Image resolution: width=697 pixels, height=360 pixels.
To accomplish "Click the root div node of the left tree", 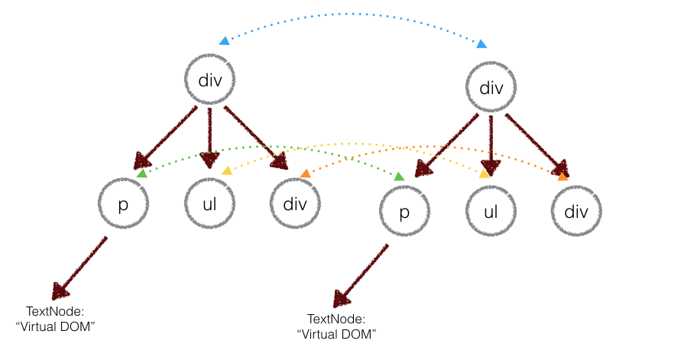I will [210, 80].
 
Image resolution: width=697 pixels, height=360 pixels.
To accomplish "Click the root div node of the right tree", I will [491, 88].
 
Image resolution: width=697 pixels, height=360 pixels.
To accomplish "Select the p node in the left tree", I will [123, 204].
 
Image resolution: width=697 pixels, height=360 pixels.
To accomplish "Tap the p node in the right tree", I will [404, 211].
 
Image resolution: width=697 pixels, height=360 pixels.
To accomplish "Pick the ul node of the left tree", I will [209, 204].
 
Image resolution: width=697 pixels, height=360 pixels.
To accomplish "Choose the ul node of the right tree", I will [491, 211].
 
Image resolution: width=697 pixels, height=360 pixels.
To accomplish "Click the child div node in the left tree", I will [295, 204].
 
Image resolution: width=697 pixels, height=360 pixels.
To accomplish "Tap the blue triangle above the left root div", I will [224, 41].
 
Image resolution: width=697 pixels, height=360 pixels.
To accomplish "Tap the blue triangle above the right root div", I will [481, 44].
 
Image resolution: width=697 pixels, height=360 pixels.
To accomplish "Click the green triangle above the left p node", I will [142, 174].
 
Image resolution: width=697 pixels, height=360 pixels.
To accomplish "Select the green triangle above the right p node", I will [398, 177].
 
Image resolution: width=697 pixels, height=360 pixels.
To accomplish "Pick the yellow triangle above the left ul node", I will [227, 171].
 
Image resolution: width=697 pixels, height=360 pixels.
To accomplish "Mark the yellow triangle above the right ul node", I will [484, 174].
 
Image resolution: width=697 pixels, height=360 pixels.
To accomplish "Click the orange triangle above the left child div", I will [305, 174].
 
